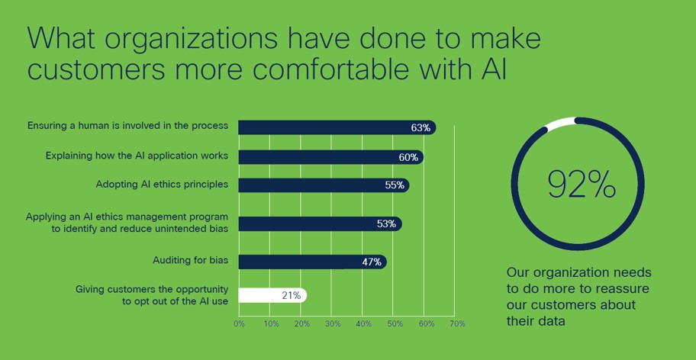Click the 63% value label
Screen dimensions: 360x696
420,127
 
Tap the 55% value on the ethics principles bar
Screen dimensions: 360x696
395,185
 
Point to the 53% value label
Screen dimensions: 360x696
386,224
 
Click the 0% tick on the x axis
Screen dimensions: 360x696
239,324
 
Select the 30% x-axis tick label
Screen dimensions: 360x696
333,324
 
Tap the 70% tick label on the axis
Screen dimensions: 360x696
457,324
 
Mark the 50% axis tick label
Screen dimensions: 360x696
395,324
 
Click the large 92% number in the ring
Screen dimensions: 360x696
582,185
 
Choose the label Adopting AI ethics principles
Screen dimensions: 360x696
162,185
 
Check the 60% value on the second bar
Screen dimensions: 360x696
408,158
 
